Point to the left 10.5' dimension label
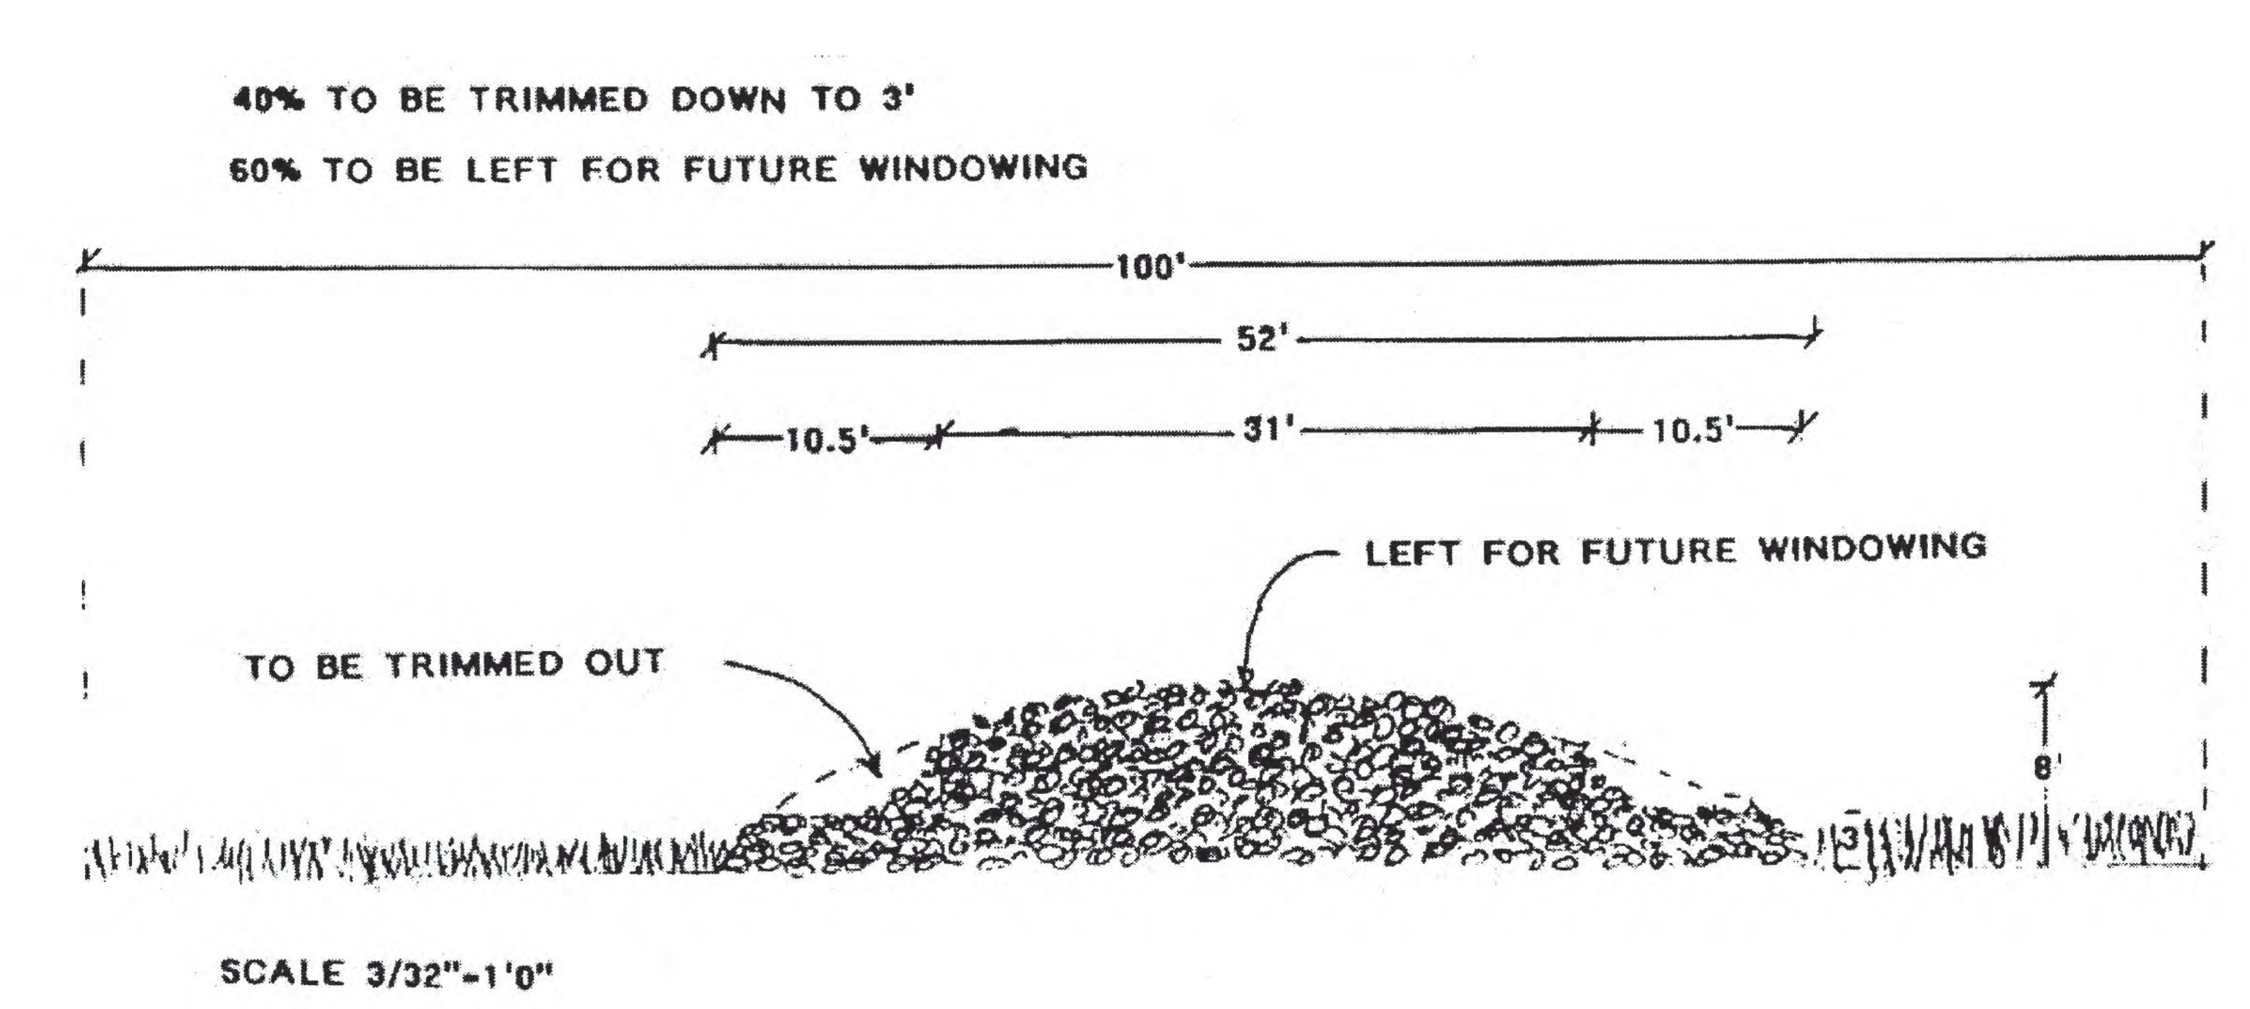[826, 439]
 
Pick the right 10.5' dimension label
[1692, 430]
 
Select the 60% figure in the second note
[265, 169]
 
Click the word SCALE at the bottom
[282, 971]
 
